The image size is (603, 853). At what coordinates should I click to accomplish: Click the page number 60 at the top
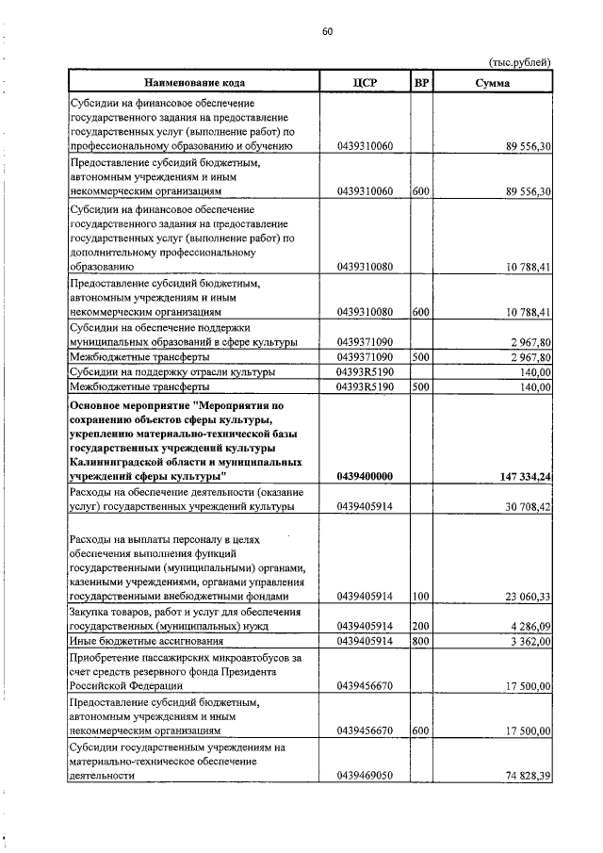click(x=327, y=31)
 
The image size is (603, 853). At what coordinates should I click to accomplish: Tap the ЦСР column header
click(x=363, y=83)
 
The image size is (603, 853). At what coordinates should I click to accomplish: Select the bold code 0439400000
click(x=364, y=478)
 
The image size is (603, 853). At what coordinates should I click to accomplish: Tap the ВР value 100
click(x=421, y=597)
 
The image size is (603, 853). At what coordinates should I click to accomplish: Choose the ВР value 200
click(x=421, y=626)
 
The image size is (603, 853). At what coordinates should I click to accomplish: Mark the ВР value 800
click(x=421, y=641)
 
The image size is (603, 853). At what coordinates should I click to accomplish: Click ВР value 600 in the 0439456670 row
click(x=421, y=730)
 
